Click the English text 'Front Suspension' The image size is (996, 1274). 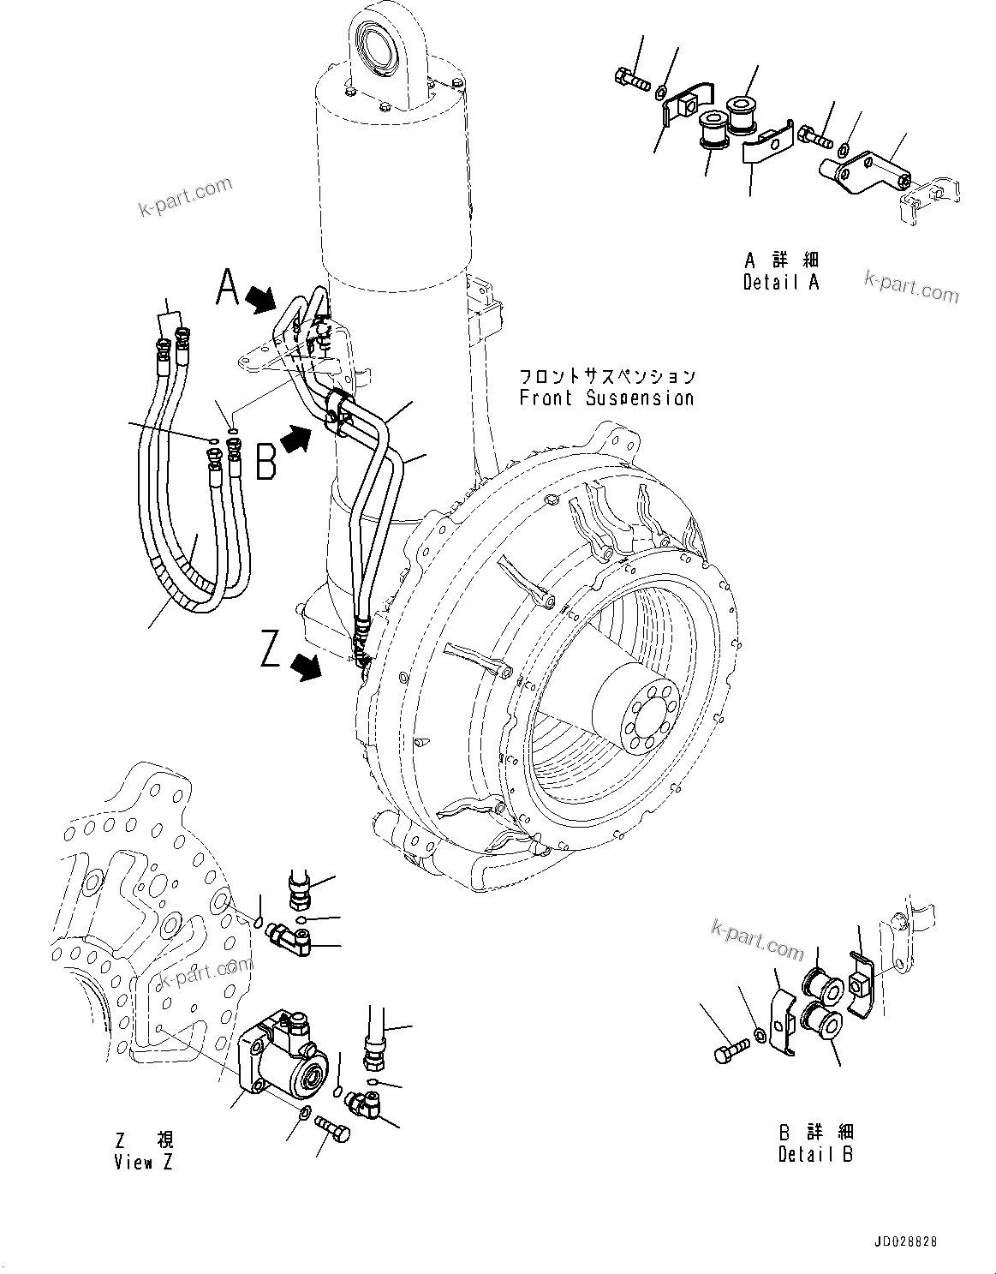tap(605, 398)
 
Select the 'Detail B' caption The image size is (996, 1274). tap(815, 1154)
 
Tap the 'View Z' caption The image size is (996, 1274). tap(144, 1163)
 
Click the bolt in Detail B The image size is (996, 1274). tap(726, 1050)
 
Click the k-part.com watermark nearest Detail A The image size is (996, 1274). tap(911, 286)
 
